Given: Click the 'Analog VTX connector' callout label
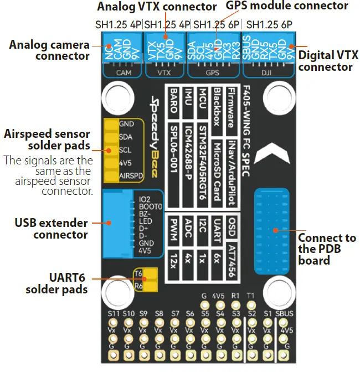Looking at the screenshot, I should pyautogui.click(x=157, y=7).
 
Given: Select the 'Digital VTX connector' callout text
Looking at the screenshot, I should pyautogui.click(x=328, y=61).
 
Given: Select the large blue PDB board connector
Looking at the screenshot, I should pyautogui.click(x=271, y=230).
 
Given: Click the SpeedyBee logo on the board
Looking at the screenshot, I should pyautogui.click(x=155, y=136).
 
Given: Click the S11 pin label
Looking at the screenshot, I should pyautogui.click(x=114, y=314).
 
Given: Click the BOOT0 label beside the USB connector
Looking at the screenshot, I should pyautogui.click(x=151, y=206).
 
